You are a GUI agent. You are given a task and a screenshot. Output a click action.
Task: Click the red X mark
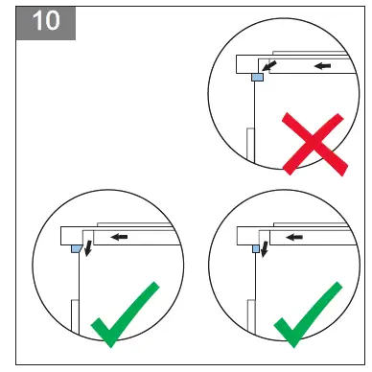[x=314, y=144]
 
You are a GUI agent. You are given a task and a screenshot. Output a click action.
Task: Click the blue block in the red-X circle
[x=257, y=78]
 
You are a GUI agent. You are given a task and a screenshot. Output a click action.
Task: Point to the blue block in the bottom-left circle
[x=77, y=247]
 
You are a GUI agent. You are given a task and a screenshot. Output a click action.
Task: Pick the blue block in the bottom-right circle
[x=256, y=247]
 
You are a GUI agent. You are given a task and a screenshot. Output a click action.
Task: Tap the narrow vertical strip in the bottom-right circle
[x=253, y=312]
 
